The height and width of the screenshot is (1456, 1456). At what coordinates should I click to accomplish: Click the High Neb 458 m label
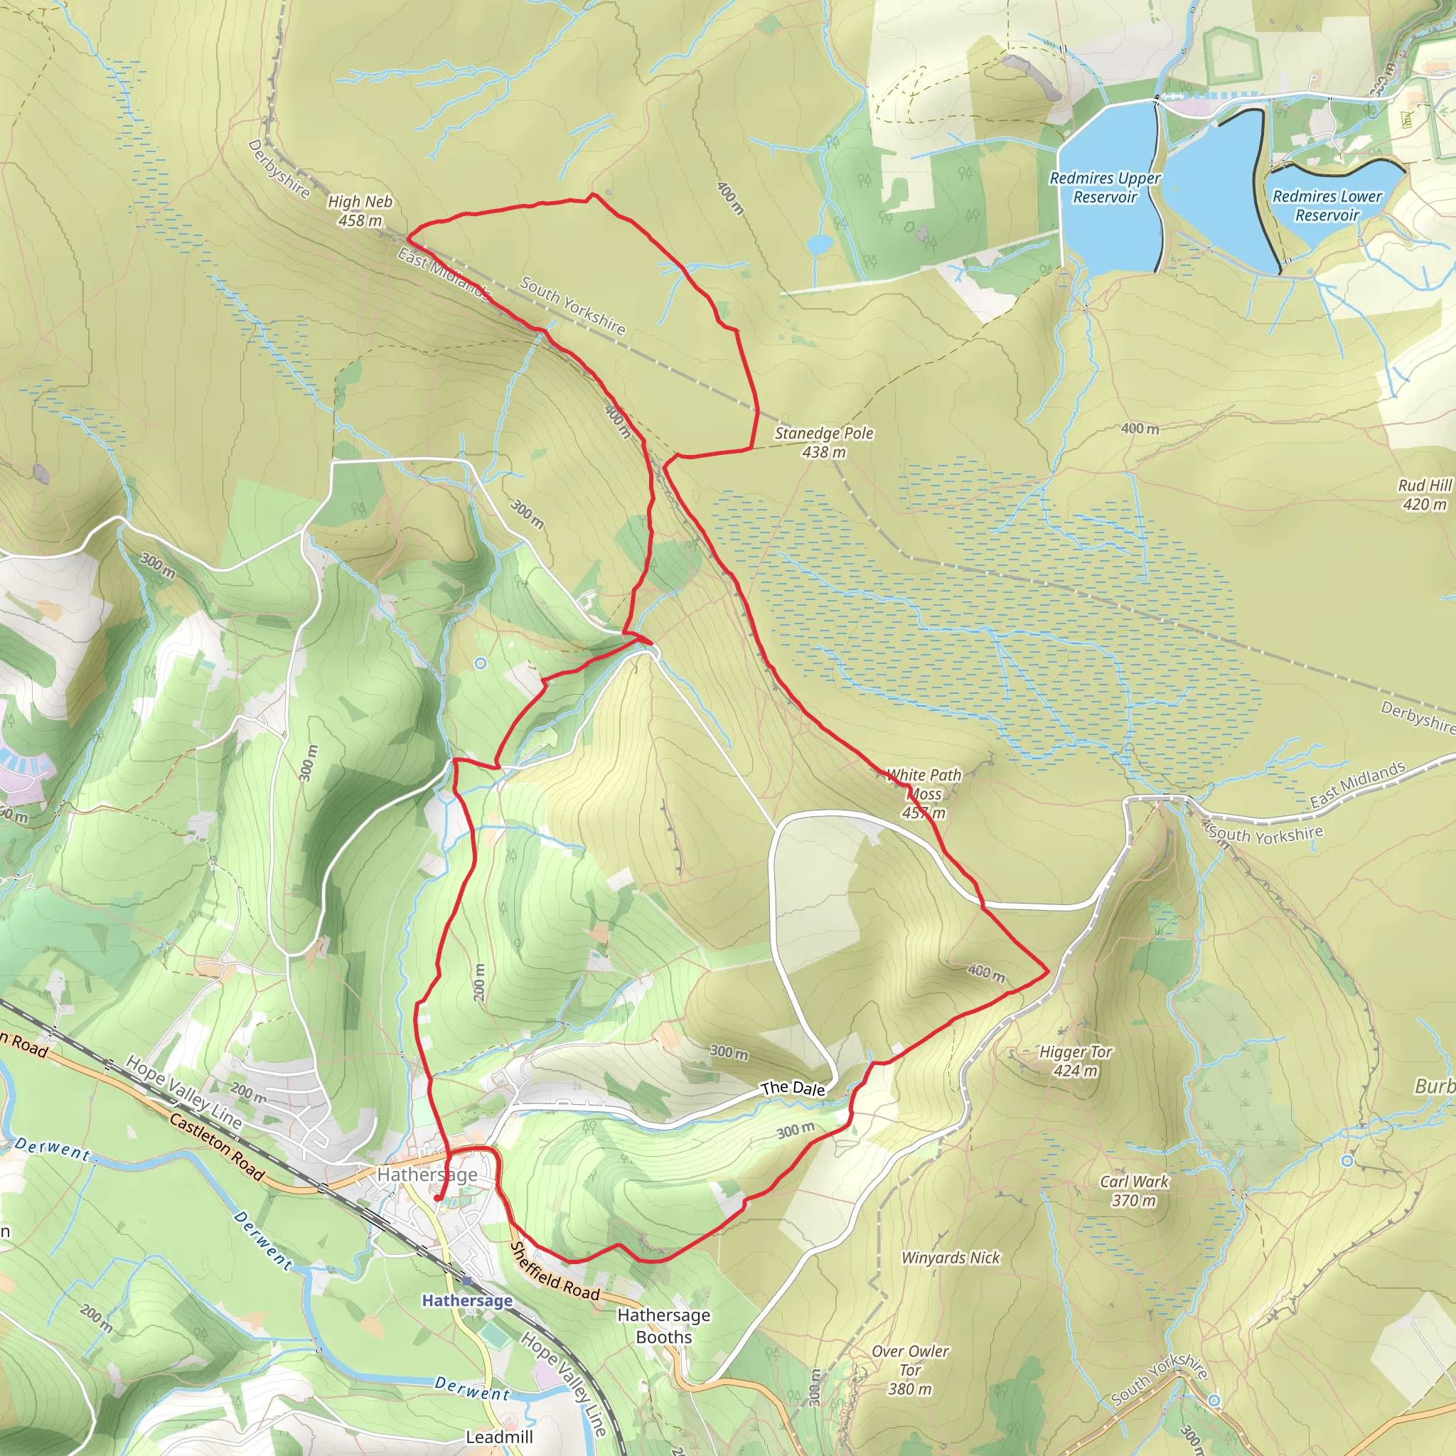tap(360, 211)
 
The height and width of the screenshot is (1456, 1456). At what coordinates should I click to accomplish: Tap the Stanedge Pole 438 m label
tap(824, 442)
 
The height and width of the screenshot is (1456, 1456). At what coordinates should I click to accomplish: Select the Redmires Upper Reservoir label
tap(1105, 188)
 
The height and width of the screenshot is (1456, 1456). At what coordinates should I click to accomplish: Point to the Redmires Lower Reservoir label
tap(1327, 205)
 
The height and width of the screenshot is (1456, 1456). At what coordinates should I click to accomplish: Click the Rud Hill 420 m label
tap(1424, 494)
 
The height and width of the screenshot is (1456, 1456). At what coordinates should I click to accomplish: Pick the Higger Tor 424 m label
tap(1076, 1061)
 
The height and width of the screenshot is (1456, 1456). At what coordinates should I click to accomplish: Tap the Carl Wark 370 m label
tap(1134, 1191)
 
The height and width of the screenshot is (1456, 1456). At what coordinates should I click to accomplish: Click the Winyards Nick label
tap(951, 1258)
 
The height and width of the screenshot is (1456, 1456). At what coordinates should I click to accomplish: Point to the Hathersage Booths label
tap(663, 1326)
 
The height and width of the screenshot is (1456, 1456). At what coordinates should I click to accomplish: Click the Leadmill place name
tap(499, 1436)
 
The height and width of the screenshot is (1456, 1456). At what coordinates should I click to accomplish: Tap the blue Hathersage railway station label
tap(466, 1300)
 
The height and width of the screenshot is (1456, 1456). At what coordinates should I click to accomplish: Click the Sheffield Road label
tap(555, 1271)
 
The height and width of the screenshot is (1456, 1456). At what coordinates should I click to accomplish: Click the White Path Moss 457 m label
tap(924, 793)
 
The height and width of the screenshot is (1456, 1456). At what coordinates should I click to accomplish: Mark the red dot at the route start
tap(437, 1198)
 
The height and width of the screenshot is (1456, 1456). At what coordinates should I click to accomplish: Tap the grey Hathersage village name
tap(427, 1174)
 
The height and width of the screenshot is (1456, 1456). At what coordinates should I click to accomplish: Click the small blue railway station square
tap(467, 1280)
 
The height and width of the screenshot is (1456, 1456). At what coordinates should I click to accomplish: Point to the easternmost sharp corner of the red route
tap(1047, 971)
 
